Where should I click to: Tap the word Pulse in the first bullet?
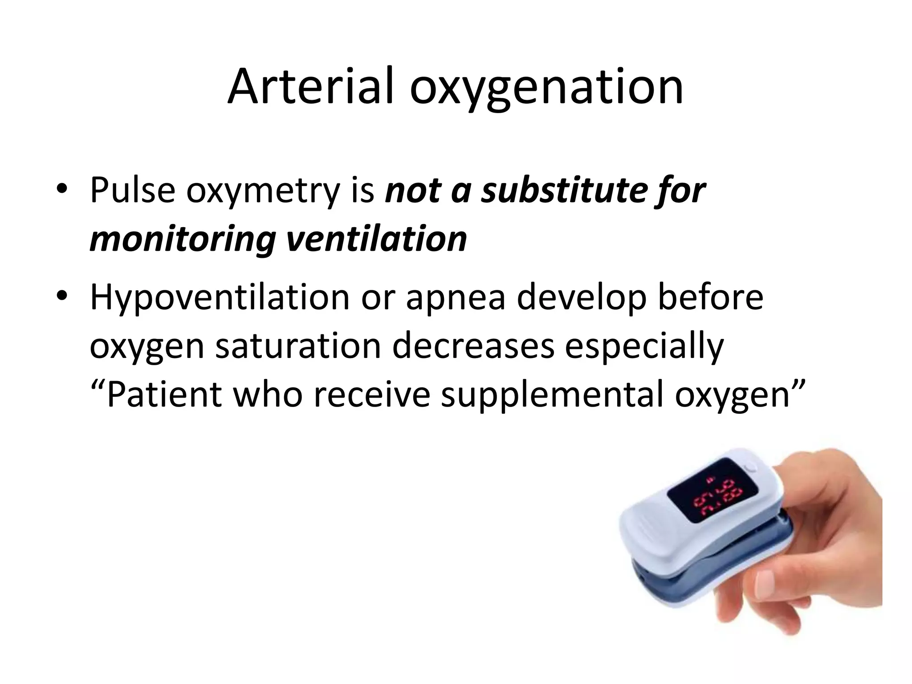click(x=132, y=190)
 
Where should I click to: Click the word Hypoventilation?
click(x=220, y=297)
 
